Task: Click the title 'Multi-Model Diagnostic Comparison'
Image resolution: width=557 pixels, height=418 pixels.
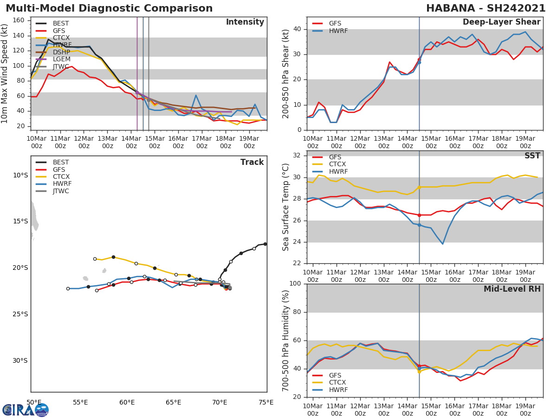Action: pos(109,8)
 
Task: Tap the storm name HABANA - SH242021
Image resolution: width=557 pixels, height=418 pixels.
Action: pos(486,8)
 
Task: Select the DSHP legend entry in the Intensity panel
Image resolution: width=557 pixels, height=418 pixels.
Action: pos(61,52)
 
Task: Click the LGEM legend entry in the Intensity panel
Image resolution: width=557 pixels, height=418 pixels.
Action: pos(61,59)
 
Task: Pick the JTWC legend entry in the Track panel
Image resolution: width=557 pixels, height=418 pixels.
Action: pos(61,191)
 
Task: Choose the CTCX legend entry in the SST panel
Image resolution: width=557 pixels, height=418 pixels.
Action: pos(337,164)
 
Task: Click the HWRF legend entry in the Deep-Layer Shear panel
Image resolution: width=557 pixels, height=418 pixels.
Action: pos(338,31)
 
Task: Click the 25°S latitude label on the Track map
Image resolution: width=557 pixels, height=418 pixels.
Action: pos(20,314)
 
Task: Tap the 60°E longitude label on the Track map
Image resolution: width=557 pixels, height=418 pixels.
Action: pos(127,402)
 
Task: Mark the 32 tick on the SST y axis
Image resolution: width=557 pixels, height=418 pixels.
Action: pos(298,156)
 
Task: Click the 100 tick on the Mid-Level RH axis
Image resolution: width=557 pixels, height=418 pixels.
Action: pos(295,284)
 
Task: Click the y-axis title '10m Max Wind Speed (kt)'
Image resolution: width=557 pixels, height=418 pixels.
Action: pos(5,73)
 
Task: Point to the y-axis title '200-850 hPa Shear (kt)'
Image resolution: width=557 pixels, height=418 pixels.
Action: pos(286,74)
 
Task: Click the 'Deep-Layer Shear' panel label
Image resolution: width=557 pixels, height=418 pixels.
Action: pos(501,22)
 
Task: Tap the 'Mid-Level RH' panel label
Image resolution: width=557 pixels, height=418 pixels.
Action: pos(512,289)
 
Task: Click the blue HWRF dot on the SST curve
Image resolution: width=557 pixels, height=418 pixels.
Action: pos(419,225)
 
